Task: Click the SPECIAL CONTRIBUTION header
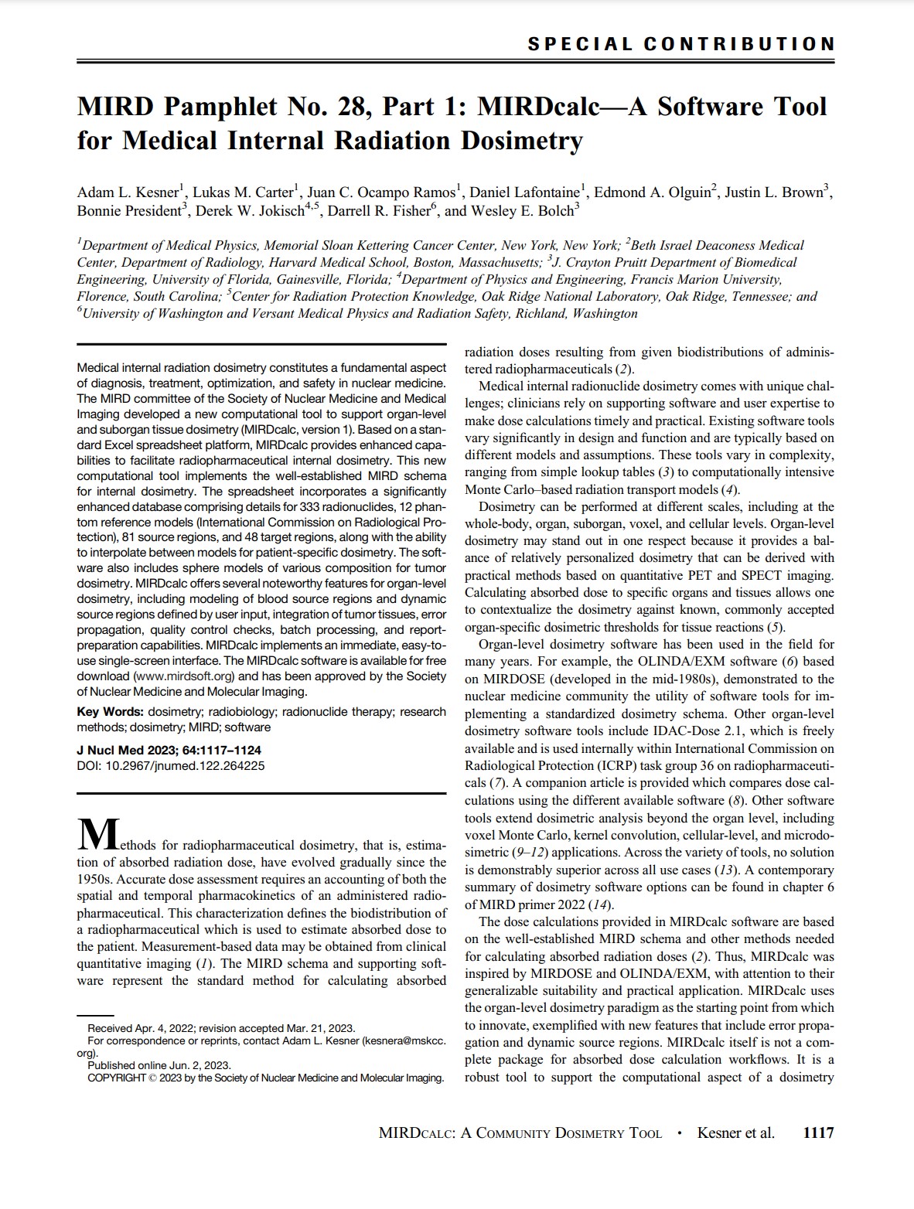pos(680,44)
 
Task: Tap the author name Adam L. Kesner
pos(128,192)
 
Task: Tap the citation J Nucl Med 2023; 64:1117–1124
pos(169,750)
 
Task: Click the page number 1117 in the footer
pos(818,1133)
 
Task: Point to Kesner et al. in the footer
pos(735,1133)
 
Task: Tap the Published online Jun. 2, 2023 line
pos(159,1065)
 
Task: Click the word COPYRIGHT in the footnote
pos(116,1078)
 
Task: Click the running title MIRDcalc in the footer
pos(415,1134)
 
